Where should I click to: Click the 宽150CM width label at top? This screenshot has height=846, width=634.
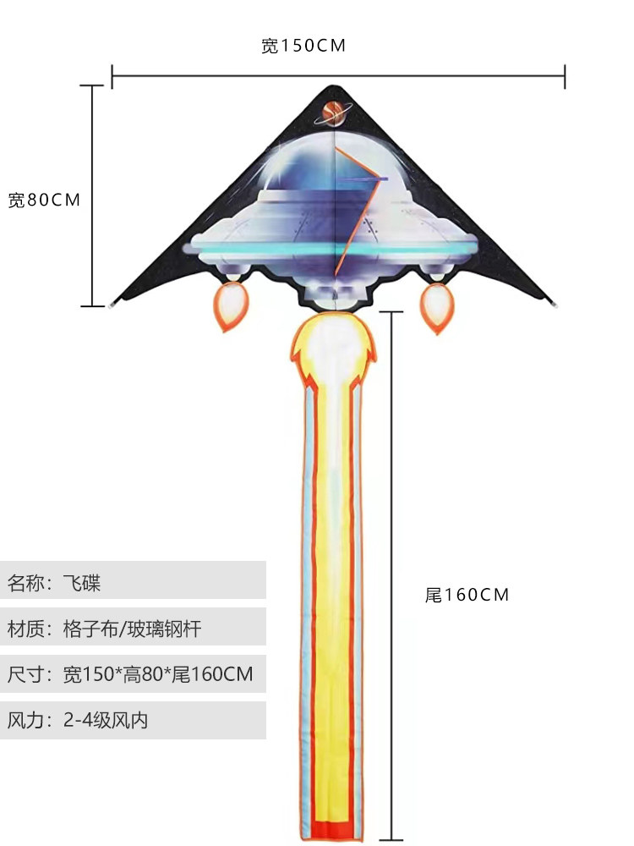coord(303,46)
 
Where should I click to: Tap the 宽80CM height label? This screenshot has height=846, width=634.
coord(44,201)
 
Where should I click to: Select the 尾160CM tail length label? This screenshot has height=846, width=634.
coord(467,595)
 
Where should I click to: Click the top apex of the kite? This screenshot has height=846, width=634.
coord(333,87)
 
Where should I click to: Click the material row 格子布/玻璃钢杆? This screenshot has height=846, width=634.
coord(133,628)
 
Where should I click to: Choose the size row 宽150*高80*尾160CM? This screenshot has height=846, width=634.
coord(133,674)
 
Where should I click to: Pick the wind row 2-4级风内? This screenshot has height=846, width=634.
coord(133,721)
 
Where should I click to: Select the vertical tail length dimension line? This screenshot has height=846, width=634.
coord(391,575)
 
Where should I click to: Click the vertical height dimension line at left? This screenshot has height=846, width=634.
coord(91,195)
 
